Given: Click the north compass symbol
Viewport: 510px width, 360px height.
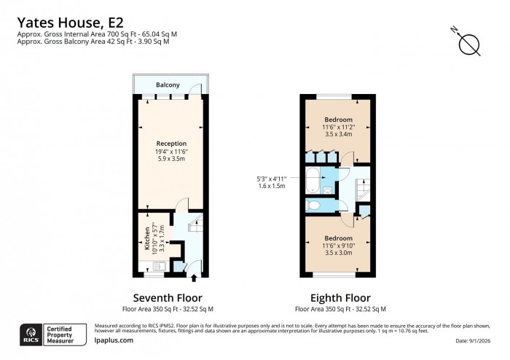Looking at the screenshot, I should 468,44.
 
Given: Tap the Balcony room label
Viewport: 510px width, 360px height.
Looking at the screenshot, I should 167,85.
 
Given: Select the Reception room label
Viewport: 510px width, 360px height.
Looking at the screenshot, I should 171,144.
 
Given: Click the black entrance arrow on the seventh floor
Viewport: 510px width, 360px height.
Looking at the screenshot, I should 193,277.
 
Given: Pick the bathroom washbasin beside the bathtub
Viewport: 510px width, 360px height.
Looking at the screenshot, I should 329,190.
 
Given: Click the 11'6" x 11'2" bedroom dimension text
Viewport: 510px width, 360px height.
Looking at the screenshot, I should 338,127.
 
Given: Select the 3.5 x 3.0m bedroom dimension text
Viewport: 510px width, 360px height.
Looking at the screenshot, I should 338,253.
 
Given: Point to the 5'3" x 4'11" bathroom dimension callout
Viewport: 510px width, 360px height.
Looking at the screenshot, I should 272,181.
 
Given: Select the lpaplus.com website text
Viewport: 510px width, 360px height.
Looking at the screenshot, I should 114,340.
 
